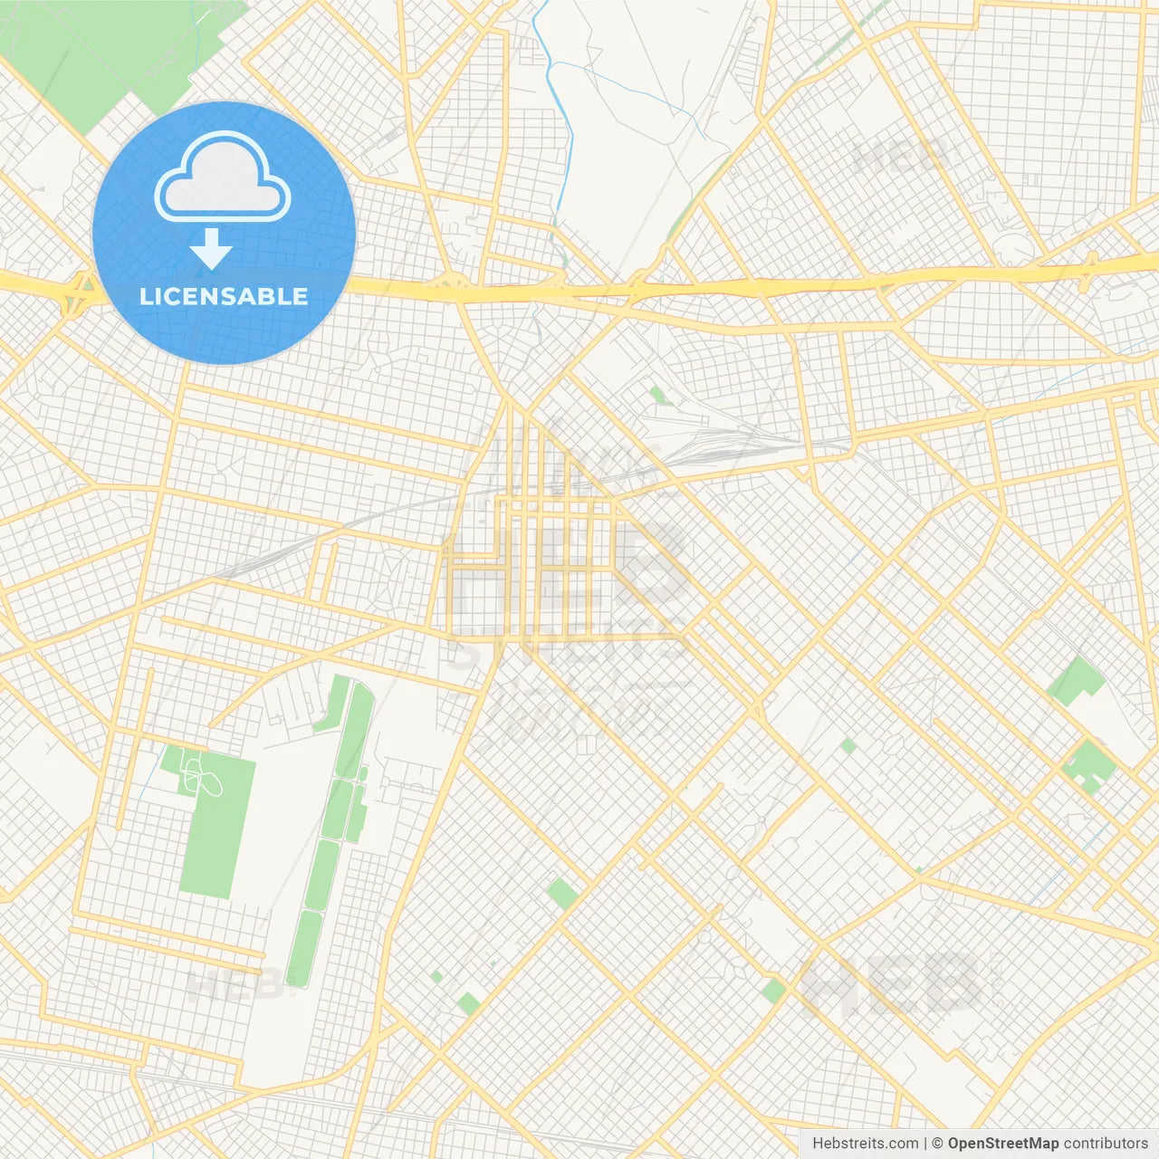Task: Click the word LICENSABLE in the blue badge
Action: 224,296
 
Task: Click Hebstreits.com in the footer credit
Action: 865,1144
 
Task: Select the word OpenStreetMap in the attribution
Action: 1002,1144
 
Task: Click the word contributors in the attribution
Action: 1106,1144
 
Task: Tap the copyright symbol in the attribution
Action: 938,1144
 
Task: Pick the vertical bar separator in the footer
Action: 925,1144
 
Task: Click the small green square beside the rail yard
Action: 656,395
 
